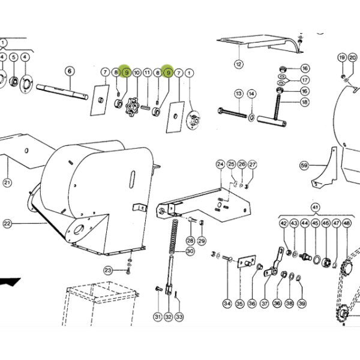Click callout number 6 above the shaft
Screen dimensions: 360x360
point(70,71)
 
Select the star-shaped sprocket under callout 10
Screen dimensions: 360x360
point(133,107)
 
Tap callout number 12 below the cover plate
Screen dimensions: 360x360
point(239,64)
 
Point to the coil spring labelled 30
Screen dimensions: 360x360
point(174,236)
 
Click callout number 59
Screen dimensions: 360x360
point(304,166)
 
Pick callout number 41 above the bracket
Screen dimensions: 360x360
point(316,208)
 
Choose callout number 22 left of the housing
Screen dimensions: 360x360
point(7,224)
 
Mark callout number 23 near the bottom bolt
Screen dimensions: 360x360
point(108,271)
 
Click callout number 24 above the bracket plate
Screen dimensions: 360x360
point(220,164)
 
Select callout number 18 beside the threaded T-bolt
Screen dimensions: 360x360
point(305,102)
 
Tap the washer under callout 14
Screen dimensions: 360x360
point(251,118)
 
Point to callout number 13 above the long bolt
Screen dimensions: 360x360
point(239,94)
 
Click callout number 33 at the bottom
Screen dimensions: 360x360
point(179,317)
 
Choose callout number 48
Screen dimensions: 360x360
point(347,223)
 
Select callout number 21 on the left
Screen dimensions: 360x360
point(7,183)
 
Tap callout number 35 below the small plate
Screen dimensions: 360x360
point(239,304)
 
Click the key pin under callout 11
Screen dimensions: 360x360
point(145,107)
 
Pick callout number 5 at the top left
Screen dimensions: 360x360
point(14,57)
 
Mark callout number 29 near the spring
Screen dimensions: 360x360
point(202,241)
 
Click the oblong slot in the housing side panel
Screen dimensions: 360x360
point(132,179)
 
